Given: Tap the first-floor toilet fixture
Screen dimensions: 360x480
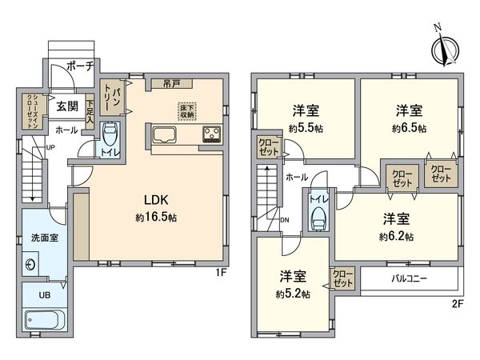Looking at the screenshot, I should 110,137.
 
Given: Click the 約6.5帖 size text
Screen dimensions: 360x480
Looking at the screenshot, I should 410,128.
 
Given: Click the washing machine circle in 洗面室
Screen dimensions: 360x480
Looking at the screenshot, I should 32,264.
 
